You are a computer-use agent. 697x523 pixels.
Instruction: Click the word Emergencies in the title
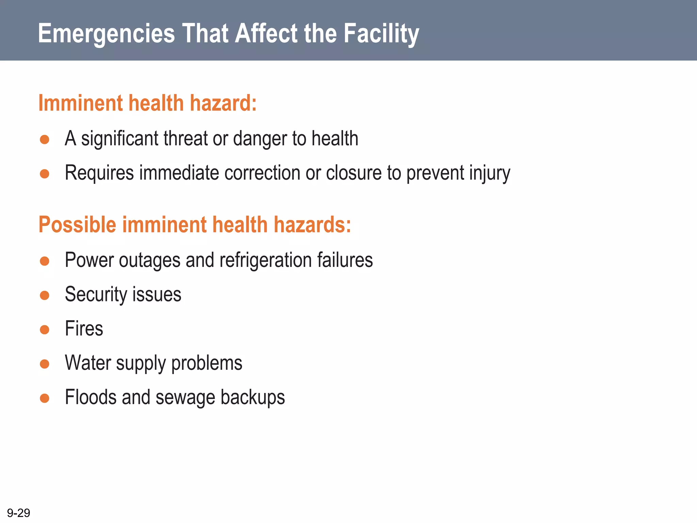tap(106, 34)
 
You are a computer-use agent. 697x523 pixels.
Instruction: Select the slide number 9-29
tap(18, 513)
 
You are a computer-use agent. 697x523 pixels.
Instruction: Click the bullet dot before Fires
tap(45, 330)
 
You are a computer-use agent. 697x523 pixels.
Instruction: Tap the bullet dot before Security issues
tap(45, 295)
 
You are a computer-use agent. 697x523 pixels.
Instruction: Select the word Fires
tap(84, 329)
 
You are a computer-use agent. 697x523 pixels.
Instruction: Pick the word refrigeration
tap(265, 260)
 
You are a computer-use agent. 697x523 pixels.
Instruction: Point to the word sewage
tap(185, 397)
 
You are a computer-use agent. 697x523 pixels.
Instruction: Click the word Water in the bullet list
tap(88, 363)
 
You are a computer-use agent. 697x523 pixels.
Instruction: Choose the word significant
tap(119, 139)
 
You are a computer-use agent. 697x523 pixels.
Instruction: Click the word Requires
tap(99, 173)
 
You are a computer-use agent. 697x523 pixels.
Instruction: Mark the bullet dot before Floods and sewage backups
tap(45, 398)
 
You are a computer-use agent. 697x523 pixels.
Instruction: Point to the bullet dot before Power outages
tap(45, 261)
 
